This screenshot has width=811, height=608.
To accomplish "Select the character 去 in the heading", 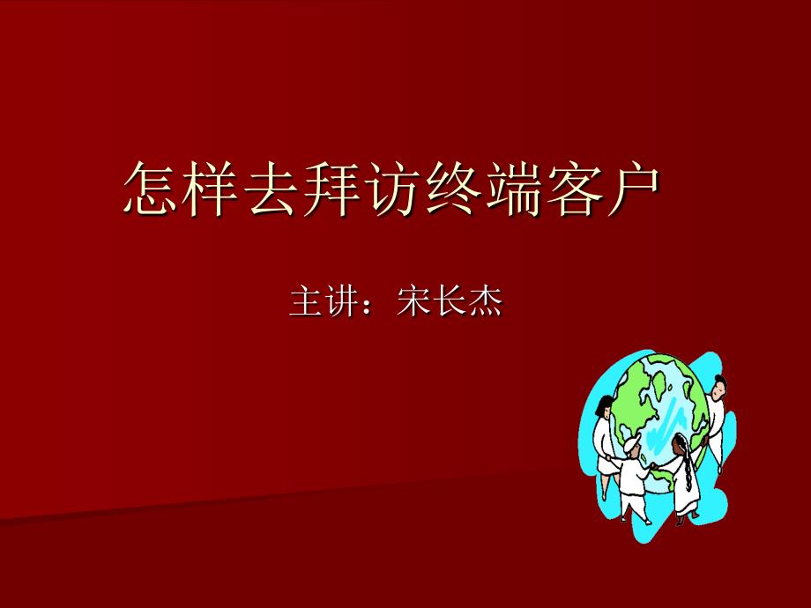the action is [x=271, y=189].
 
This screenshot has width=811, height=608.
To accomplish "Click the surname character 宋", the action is [x=413, y=300].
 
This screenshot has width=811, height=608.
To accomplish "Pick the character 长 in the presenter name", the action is [x=450, y=300].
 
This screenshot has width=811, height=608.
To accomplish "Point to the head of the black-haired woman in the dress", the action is [x=604, y=406].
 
